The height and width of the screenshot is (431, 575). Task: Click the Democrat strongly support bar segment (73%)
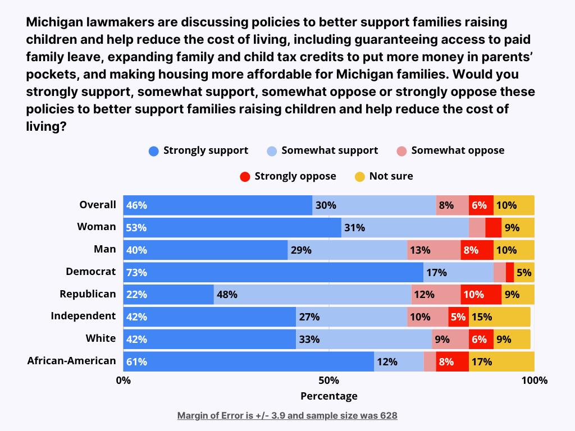coord(273,272)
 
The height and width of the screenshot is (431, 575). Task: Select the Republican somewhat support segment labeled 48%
coord(312,295)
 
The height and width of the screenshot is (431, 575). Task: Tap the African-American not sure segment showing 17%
coord(501,361)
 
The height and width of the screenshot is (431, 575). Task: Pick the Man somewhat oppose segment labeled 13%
coord(433,250)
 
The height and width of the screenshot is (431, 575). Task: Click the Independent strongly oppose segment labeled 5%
coord(458,317)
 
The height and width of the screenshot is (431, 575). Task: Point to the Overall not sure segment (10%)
coord(514,205)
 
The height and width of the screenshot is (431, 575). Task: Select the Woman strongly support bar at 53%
coord(232,228)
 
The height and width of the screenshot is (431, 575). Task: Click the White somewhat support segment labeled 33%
coord(364,339)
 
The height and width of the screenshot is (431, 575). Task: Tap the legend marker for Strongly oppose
coord(245,177)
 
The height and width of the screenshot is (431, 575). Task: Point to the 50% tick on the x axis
coord(329,380)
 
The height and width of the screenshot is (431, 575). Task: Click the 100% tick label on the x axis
coord(534,380)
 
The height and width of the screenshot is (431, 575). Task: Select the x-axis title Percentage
coord(329,396)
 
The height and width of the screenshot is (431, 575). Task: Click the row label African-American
coord(71,361)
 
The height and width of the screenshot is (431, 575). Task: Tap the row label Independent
coord(83,316)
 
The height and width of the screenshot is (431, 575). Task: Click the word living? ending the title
coord(47,127)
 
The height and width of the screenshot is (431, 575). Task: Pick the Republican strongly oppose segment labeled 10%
coord(481,295)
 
